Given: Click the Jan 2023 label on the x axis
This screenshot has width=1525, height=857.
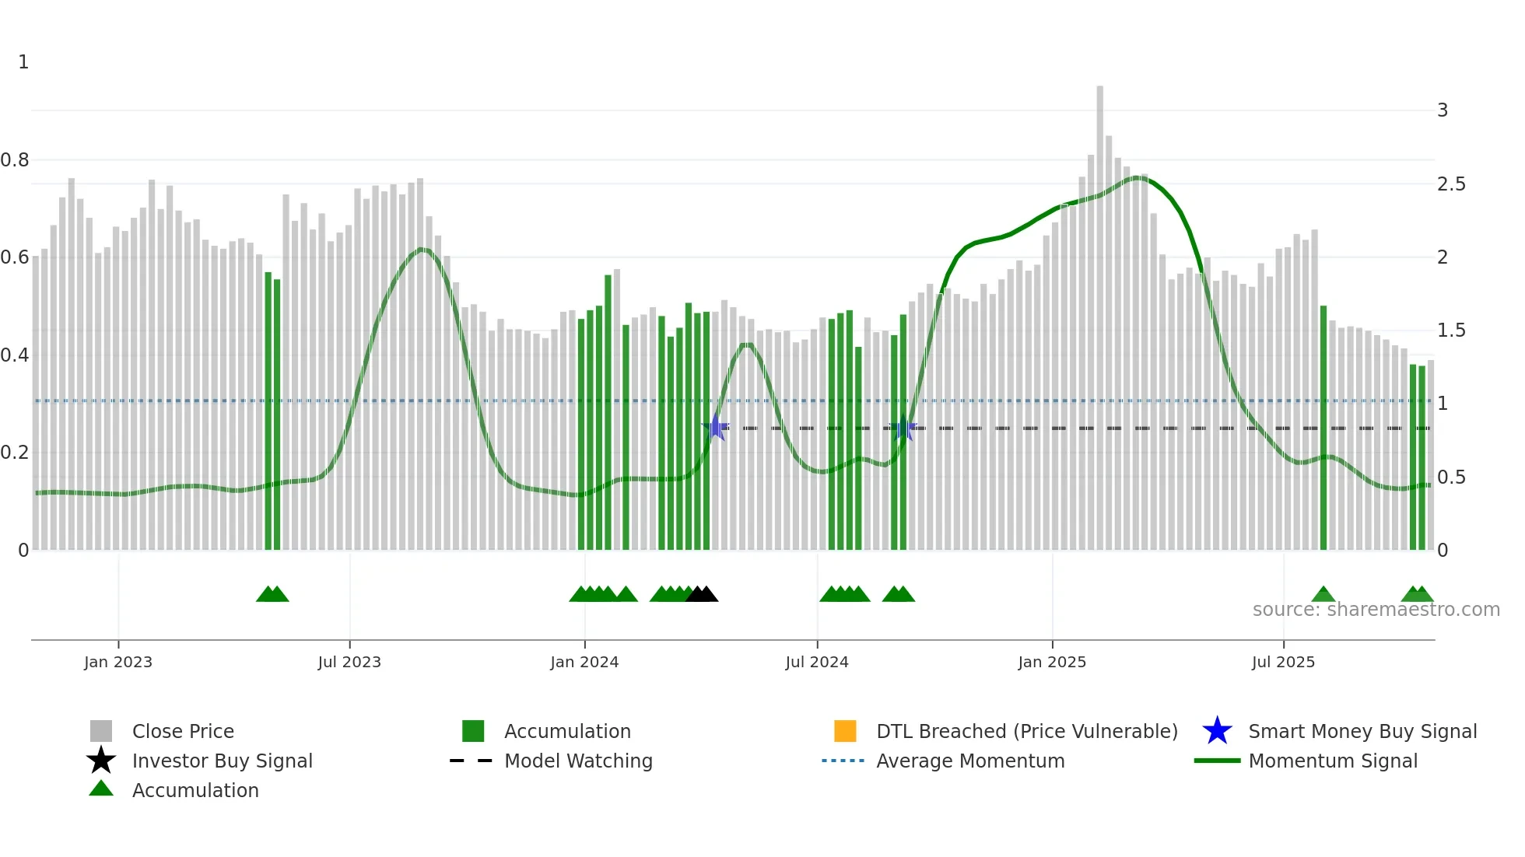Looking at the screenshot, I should pos(118,662).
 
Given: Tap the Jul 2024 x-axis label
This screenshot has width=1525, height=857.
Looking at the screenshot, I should pos(817,662).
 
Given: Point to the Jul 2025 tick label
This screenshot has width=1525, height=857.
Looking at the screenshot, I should pos(1283,662).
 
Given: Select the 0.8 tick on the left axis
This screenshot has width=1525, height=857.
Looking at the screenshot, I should pos(16,160).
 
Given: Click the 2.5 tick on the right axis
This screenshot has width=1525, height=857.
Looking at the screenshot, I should pos(1451,184).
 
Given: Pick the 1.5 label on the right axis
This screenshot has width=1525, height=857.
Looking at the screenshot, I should pos(1451,331).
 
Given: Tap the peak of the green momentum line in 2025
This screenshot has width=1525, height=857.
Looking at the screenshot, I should pos(1138,178).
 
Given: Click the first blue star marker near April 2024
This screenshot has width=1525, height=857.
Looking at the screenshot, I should pos(716,428).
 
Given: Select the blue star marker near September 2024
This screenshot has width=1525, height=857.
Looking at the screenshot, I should pos(903,428).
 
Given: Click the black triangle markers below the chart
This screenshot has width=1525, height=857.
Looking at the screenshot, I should pos(702,594).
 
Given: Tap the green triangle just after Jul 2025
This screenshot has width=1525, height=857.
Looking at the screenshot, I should pos(1323,595).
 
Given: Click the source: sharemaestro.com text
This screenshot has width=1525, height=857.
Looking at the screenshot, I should pos(1376,610).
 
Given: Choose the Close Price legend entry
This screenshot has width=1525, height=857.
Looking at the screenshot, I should pos(183,732).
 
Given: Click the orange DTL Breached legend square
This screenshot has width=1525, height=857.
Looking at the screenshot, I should pos(845,731).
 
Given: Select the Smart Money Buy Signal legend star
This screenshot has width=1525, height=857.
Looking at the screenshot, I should pos(1217,731).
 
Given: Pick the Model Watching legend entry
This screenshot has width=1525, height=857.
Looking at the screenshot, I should pos(578,761).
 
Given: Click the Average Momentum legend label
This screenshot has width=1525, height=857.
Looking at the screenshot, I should pos(970,761).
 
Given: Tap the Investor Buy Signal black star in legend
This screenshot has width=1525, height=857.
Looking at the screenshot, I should pos(101,761).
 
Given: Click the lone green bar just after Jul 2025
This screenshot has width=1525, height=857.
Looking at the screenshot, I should pos(1323,428).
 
